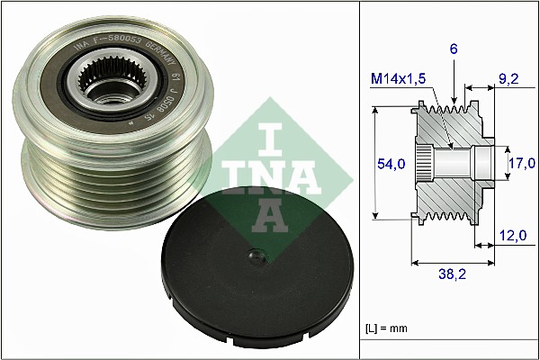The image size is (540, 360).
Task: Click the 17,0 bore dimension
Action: click(523, 163)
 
